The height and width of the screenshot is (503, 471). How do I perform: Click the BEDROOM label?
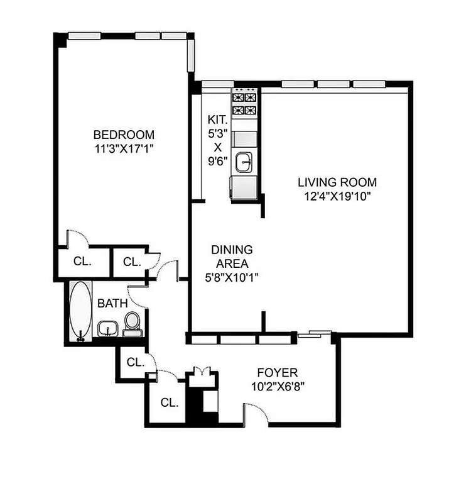tap(124, 135)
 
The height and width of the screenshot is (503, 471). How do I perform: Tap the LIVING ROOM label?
tap(337, 182)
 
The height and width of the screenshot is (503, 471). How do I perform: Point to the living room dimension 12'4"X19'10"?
tap(337, 196)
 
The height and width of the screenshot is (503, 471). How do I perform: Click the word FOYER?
tap(281, 372)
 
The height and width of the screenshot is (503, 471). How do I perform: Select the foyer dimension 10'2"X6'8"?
tap(281, 386)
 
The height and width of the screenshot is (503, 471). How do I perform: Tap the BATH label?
tap(112, 303)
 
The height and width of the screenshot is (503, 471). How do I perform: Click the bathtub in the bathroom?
tap(80, 311)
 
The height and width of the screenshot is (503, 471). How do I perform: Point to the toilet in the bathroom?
tap(132, 324)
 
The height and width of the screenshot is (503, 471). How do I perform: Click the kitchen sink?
tap(245, 163)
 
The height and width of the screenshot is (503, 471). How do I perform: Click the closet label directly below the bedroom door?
tap(82, 262)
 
